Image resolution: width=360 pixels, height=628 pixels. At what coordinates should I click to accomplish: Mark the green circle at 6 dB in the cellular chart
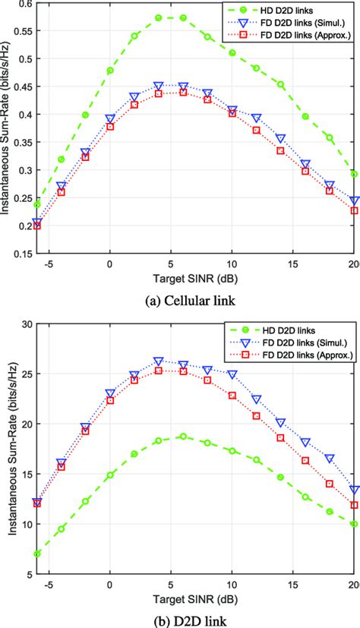(183, 17)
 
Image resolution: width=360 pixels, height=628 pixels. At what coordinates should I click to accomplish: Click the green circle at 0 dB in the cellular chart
(110, 71)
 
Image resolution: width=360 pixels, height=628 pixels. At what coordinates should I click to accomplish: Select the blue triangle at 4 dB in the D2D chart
(159, 361)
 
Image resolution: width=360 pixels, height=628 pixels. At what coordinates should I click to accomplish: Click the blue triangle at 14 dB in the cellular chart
(281, 139)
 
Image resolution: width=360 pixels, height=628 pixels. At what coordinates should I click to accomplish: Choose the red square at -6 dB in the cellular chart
(37, 226)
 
